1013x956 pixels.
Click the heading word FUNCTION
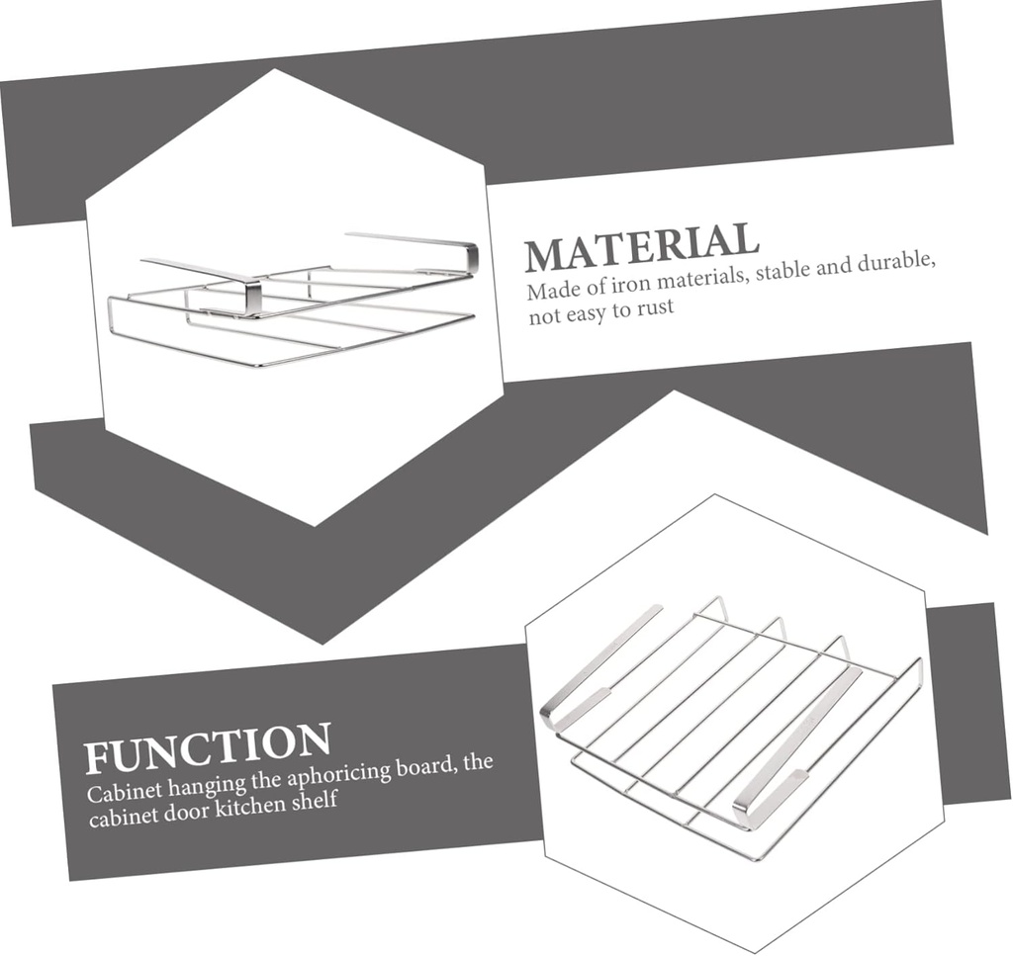208,747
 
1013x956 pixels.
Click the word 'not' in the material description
545,315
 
